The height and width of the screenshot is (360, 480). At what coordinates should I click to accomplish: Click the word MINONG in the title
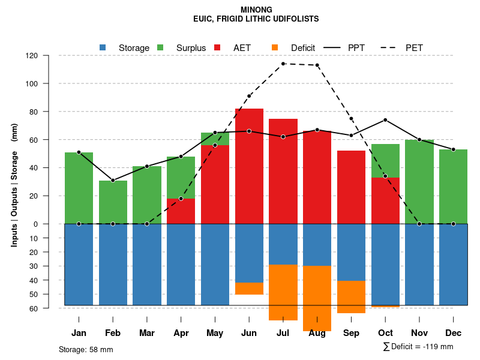pos(256,10)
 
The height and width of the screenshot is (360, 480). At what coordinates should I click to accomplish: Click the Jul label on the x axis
pos(283,333)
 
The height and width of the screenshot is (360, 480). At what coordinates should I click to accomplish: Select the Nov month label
pos(419,333)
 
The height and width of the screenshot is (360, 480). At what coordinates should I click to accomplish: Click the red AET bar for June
pos(249,168)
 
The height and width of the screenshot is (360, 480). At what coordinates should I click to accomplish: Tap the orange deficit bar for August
pos(317,298)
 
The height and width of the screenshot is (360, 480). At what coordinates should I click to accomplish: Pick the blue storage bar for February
pos(113,264)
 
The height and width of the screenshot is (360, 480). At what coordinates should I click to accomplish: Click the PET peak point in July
pos(283,64)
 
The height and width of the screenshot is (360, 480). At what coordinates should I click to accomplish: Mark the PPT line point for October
pos(385,120)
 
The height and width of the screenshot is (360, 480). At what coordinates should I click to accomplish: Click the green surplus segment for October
pos(385,161)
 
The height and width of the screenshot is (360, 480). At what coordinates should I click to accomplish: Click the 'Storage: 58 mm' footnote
pos(86,349)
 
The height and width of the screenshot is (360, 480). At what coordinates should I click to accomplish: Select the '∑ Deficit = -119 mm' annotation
pos(418,347)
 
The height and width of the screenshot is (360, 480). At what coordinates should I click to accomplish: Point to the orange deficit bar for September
pos(351,297)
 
